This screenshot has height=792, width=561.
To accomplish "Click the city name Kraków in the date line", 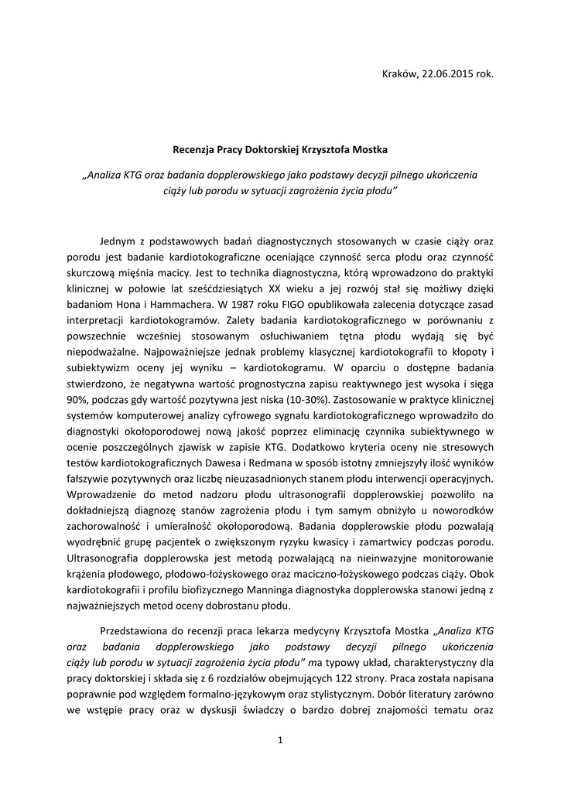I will tap(400, 74).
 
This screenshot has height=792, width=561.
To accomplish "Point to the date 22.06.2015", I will tap(449, 74).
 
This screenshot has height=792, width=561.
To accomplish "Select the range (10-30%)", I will tap(306, 401).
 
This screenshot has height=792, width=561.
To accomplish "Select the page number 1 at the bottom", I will tap(280, 741).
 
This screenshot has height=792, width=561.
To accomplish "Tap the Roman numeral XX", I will tap(277, 285).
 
